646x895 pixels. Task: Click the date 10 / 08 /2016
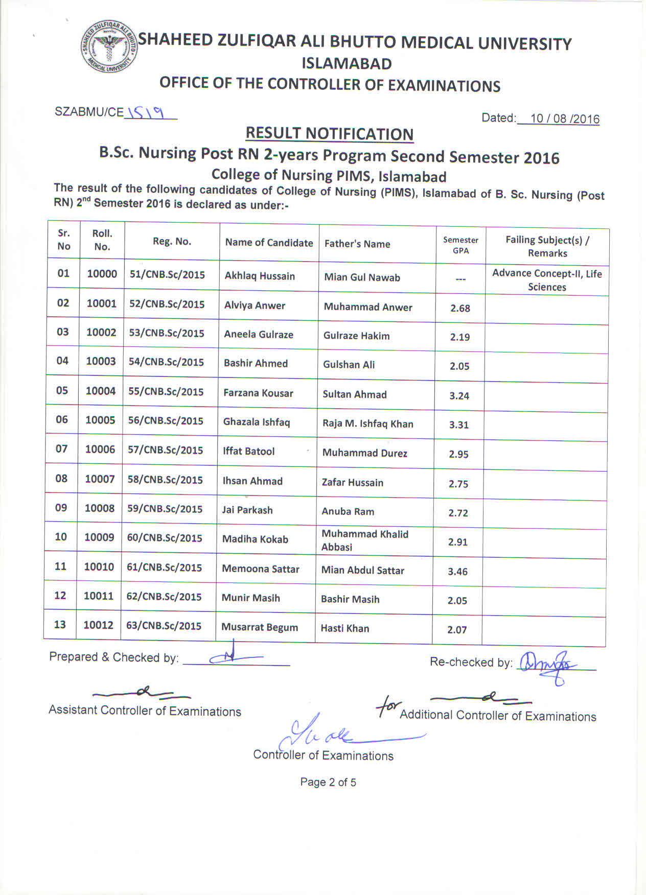point(564,119)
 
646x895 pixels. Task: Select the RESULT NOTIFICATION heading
point(329,133)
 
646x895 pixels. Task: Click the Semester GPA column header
point(460,245)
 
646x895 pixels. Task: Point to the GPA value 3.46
point(457,572)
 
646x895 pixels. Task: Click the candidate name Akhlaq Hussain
point(260,276)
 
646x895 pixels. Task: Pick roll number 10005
point(101,420)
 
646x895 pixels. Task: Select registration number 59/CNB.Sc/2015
point(165,509)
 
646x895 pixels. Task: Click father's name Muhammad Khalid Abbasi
point(364,540)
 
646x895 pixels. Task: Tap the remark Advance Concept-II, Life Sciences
point(546,280)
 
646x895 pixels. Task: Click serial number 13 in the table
point(60,625)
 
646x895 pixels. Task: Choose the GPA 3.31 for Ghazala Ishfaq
point(458,425)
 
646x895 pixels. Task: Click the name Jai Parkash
point(247,510)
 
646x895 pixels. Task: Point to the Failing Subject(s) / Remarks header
point(547,246)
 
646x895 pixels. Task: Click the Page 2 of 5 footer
point(328,782)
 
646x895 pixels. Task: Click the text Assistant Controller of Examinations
point(145,711)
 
